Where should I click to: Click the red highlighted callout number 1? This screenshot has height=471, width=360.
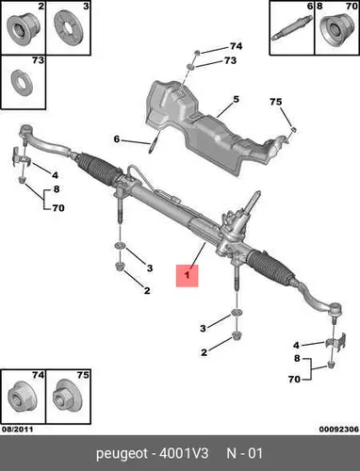click(x=188, y=276)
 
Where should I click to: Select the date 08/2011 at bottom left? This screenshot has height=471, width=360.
click(x=17, y=429)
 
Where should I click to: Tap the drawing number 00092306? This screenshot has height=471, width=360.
click(x=339, y=429)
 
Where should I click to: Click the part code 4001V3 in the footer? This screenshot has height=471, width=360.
click(x=184, y=453)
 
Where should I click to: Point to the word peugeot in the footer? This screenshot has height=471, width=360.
click(x=122, y=454)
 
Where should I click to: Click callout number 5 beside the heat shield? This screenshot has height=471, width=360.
click(x=236, y=99)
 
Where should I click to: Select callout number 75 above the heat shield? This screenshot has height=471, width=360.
click(x=276, y=102)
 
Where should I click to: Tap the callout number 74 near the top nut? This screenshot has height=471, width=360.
click(x=237, y=46)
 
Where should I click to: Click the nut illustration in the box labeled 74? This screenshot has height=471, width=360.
click(x=22, y=398)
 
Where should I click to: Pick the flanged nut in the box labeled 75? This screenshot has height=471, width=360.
click(x=67, y=398)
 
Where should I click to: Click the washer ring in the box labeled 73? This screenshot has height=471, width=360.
click(x=22, y=83)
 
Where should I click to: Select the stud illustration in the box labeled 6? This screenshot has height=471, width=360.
click(x=291, y=27)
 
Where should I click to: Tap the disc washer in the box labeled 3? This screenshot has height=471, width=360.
click(x=68, y=27)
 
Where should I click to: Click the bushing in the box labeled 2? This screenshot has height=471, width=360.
click(x=22, y=29)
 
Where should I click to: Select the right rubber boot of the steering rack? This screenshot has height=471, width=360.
click(x=270, y=267)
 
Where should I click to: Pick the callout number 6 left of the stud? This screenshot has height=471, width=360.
click(x=117, y=138)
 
